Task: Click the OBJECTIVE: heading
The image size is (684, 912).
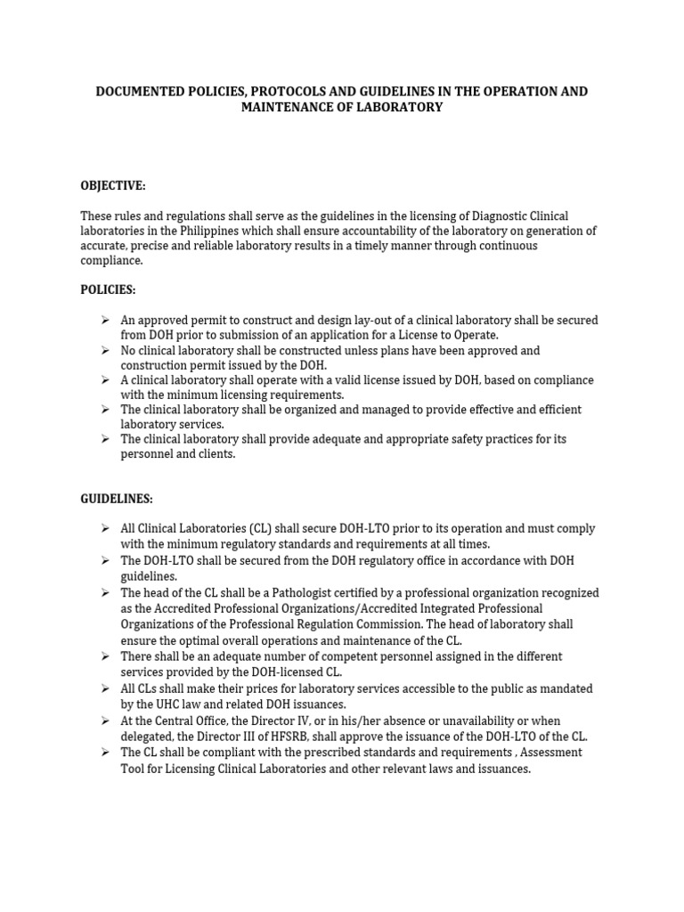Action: click(113, 185)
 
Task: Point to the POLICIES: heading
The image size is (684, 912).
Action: click(109, 290)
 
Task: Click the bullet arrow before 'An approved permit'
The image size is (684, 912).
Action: click(105, 320)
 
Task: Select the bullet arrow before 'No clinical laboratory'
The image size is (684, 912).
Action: click(105, 350)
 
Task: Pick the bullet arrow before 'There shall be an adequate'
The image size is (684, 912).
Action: click(105, 656)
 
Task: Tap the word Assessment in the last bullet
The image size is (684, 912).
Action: click(552, 753)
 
